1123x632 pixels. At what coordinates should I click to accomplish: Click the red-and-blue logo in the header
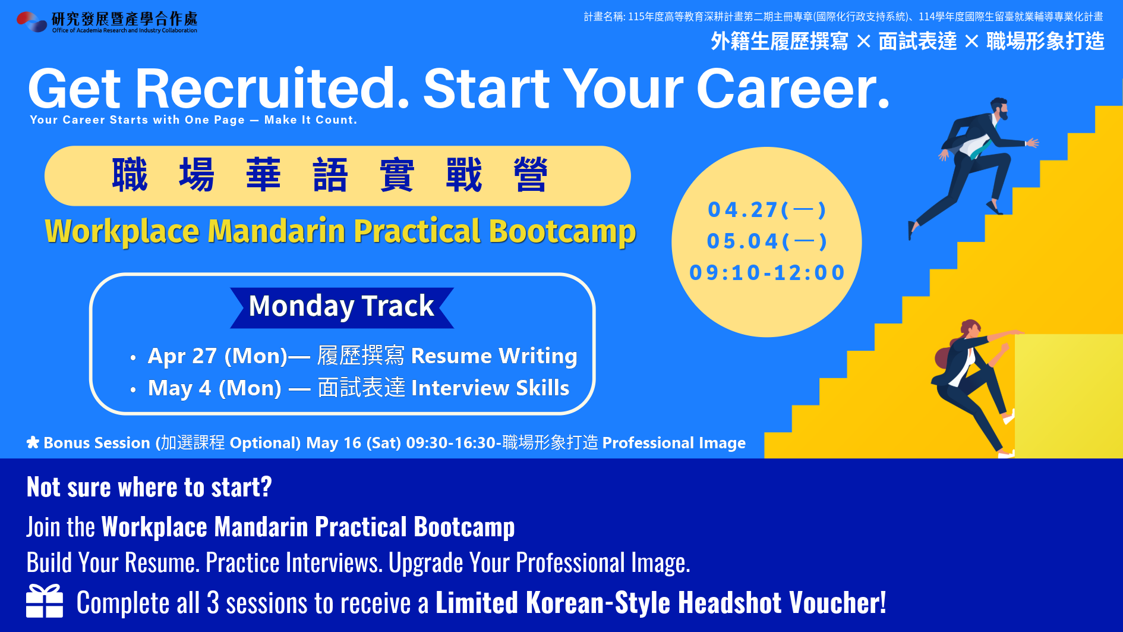click(x=32, y=21)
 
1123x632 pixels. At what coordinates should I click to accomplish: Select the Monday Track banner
click(x=342, y=307)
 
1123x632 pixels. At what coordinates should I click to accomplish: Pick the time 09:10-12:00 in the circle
click(x=767, y=273)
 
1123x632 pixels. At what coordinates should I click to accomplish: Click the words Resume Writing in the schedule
click(x=494, y=356)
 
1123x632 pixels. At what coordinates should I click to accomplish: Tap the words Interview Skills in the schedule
click(x=490, y=388)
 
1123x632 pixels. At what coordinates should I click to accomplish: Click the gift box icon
click(x=45, y=601)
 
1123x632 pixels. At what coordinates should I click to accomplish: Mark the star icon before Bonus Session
click(x=33, y=442)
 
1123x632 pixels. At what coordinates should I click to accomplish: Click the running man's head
click(x=999, y=108)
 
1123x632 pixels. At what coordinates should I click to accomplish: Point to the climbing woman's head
click(x=970, y=328)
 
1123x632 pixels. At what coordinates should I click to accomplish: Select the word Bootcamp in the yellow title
click(x=562, y=232)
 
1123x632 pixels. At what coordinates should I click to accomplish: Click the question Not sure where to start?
click(x=149, y=488)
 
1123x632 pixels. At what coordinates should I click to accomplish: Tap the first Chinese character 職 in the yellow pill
click(x=130, y=175)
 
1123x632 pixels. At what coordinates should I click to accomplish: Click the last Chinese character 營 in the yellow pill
click(x=530, y=175)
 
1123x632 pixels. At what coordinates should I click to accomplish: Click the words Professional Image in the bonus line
click(x=674, y=443)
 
